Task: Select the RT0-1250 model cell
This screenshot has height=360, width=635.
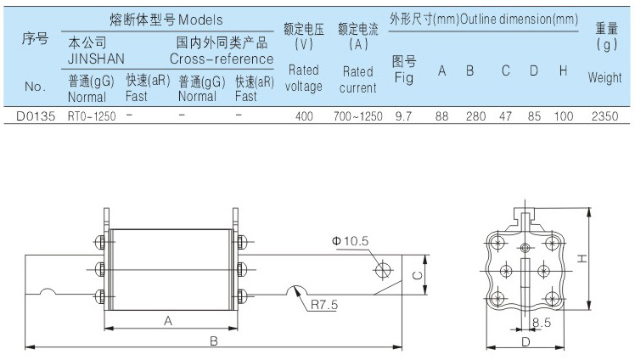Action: tap(92, 115)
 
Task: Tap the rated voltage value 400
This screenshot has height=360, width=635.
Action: tap(304, 115)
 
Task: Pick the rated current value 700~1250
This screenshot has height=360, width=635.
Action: tap(358, 115)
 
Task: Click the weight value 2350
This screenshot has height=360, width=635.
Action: tap(604, 115)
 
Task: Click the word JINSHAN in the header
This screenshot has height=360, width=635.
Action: tap(98, 59)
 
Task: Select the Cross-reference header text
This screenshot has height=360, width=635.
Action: tap(222, 59)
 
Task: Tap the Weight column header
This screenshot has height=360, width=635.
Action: tap(604, 77)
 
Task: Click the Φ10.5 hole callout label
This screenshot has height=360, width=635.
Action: tap(350, 241)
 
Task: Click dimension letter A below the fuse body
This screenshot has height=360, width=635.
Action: tap(167, 321)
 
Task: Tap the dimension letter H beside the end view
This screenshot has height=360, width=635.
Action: tap(599, 259)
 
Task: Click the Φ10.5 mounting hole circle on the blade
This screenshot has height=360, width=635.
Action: tap(382, 270)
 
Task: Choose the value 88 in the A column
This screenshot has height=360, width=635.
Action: tap(441, 115)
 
